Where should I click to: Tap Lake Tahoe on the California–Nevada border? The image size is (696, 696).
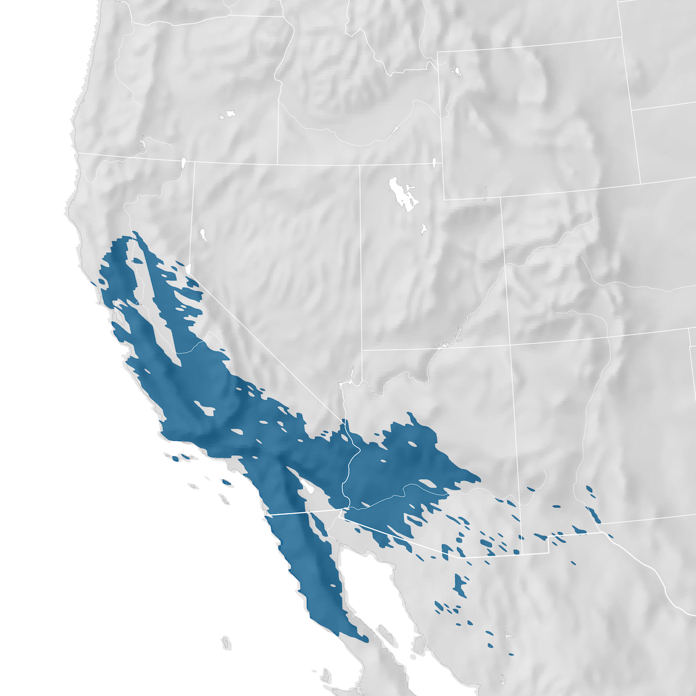pos(188,269)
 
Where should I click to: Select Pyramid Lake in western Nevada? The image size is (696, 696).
pos(203,234)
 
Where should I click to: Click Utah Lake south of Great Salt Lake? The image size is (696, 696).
pos(424,229)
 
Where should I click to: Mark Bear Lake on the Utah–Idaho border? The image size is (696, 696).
pos(434,162)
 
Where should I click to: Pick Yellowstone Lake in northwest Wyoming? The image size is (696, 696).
pos(458,72)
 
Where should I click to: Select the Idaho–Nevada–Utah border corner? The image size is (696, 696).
pos(360,165)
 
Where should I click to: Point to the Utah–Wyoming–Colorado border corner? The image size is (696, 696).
pos(502,197)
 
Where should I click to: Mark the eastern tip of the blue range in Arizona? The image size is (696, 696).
pos(479,480)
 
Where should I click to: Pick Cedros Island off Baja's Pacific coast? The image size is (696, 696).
pos(226,642)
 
